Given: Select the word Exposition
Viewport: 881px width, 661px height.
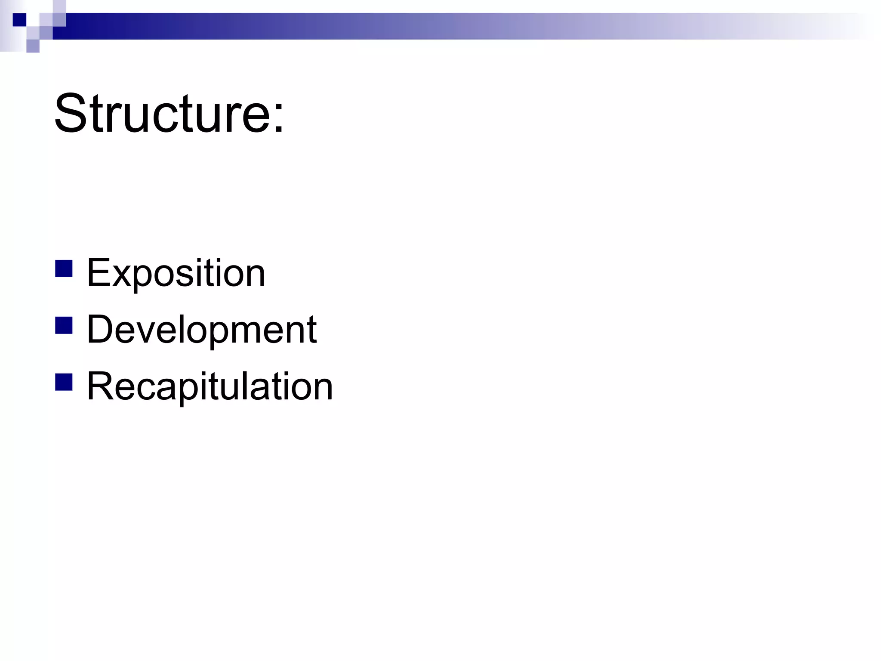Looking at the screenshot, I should pyautogui.click(x=176, y=273).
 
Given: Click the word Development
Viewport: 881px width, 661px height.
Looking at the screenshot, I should pyautogui.click(x=202, y=330).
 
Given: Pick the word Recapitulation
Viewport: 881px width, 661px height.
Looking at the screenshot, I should pyautogui.click(x=210, y=386).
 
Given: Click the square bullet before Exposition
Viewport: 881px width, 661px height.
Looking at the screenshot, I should pyautogui.click(x=64, y=269).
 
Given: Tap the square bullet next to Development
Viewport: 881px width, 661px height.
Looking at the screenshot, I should pyautogui.click(x=64, y=325).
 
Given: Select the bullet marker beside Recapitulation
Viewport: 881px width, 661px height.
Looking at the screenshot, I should pyautogui.click(x=64, y=382).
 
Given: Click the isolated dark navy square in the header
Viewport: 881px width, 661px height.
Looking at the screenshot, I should pyautogui.click(x=19, y=20).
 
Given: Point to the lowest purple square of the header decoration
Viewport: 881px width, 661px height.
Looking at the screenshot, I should pyautogui.click(x=33, y=46).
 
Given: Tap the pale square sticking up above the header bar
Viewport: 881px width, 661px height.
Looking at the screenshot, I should pyautogui.click(x=59, y=6).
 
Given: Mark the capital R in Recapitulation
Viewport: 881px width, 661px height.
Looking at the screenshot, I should pyautogui.click(x=100, y=386).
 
